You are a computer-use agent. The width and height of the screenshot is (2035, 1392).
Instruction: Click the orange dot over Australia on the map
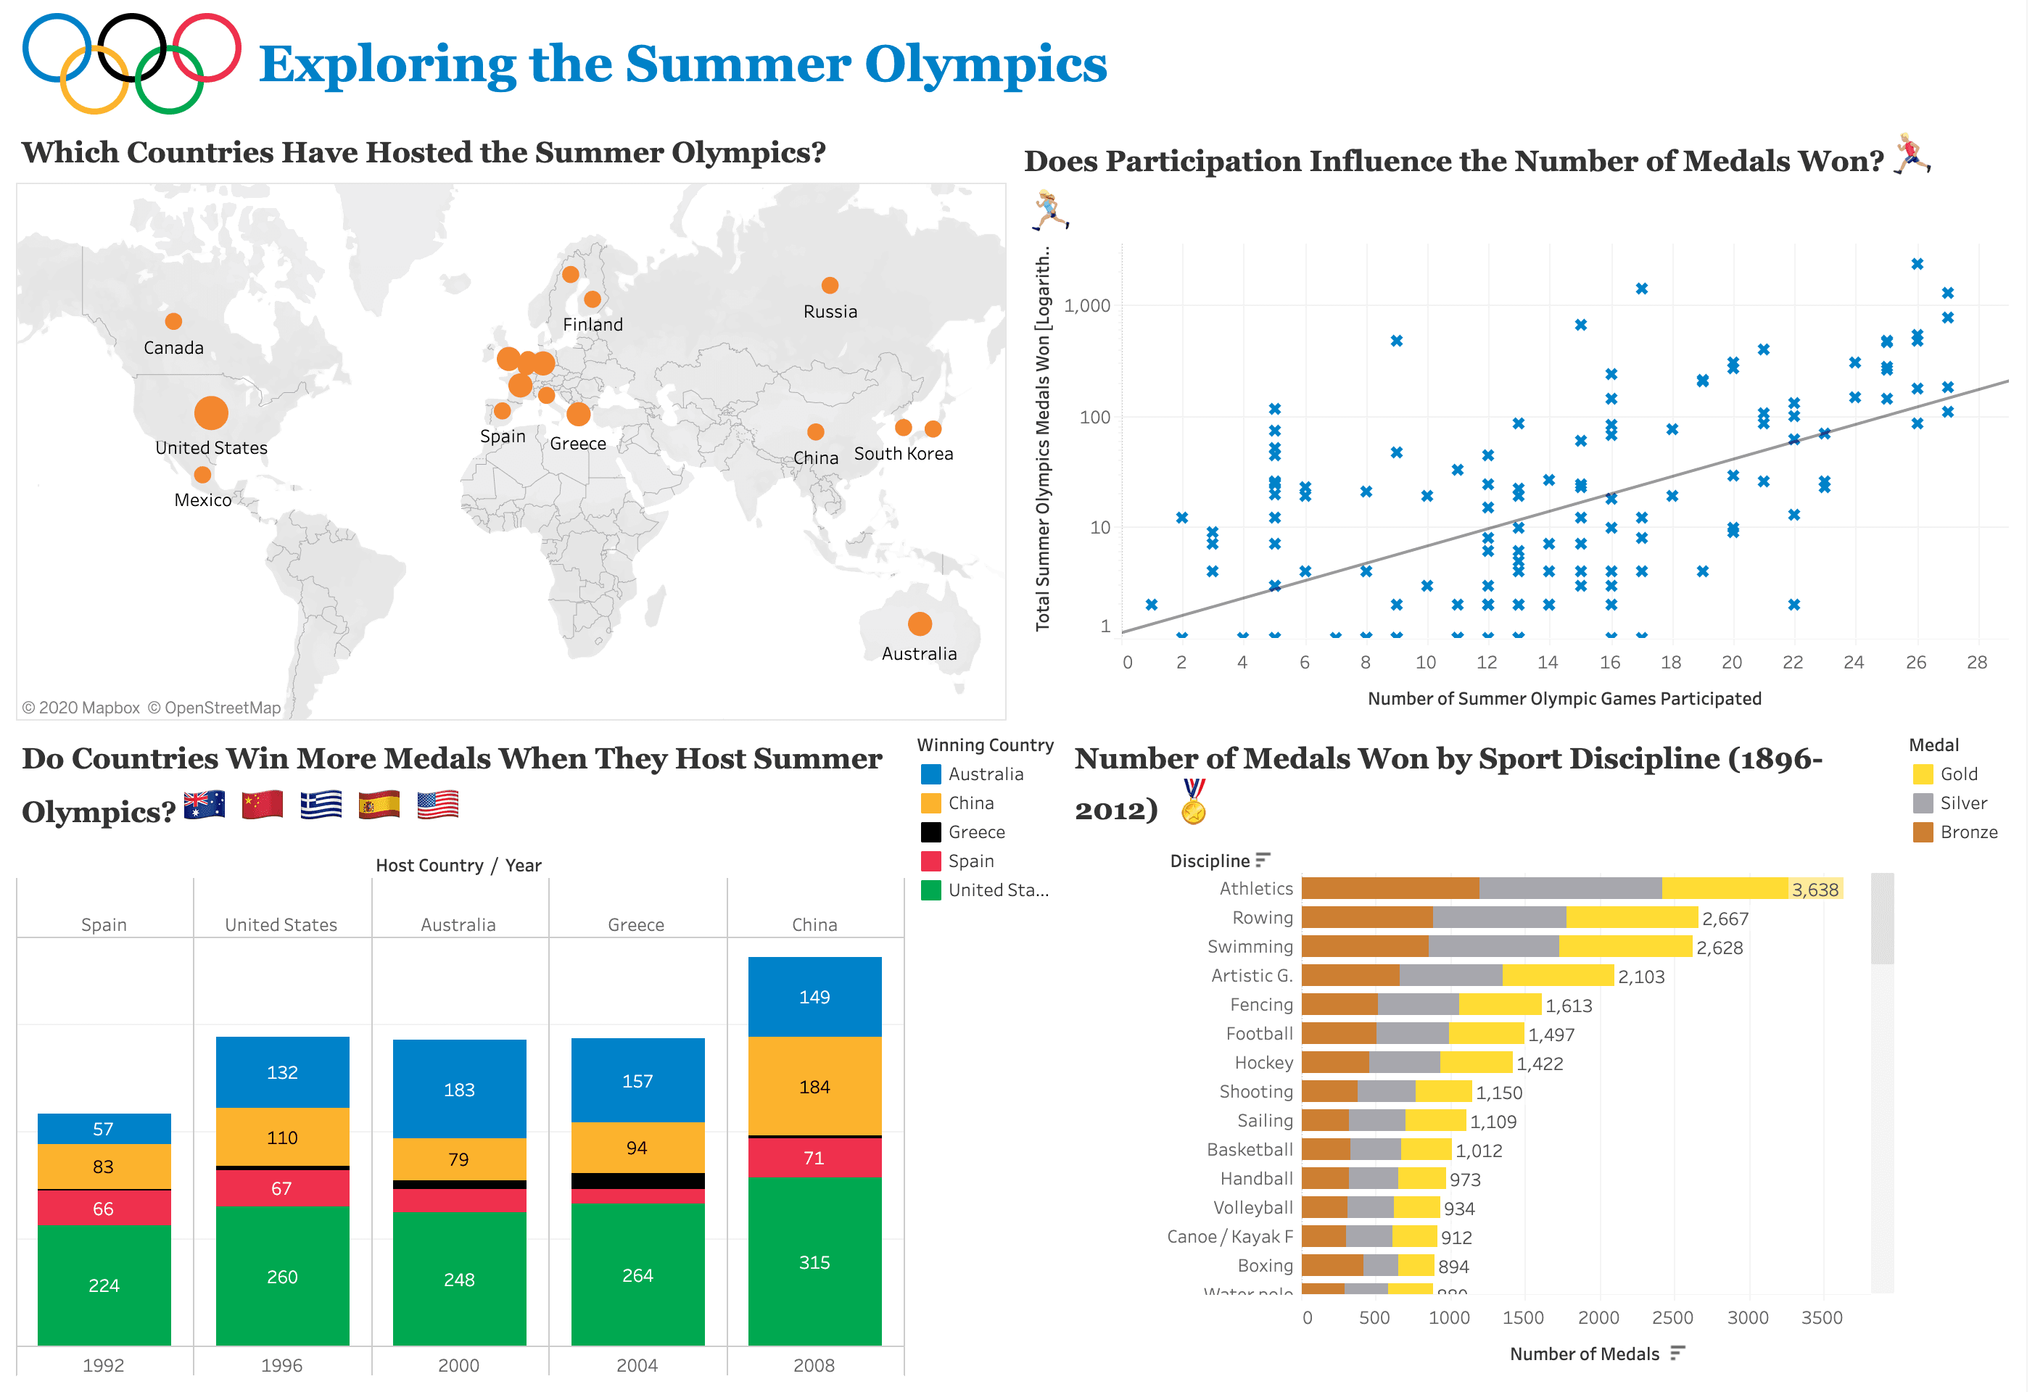920,624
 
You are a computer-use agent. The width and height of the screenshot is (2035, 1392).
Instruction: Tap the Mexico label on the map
202,500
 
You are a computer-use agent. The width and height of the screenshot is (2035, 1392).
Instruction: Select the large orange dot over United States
211,413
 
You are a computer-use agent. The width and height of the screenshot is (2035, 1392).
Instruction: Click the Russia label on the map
830,312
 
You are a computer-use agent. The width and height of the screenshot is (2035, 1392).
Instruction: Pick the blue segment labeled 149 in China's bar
814,996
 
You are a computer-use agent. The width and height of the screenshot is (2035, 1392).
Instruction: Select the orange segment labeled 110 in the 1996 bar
282,1138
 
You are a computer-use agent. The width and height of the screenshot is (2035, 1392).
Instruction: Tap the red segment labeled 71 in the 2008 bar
814,1157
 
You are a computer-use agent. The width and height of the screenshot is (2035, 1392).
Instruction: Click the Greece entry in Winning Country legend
975,832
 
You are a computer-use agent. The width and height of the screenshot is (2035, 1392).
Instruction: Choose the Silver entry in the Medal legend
1962,803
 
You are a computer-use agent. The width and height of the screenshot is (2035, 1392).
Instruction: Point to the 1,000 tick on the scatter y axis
1086,305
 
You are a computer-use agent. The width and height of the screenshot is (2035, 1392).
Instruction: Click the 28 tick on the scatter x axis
1976,662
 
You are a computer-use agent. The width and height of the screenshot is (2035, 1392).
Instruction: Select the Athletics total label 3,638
1815,890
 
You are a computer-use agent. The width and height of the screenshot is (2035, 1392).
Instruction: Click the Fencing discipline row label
1261,1004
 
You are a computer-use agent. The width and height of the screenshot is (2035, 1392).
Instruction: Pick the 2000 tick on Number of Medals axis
1598,1317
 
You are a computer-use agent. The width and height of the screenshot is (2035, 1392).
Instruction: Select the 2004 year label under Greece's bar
637,1365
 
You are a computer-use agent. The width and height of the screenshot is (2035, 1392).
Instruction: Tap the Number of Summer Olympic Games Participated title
1564,699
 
